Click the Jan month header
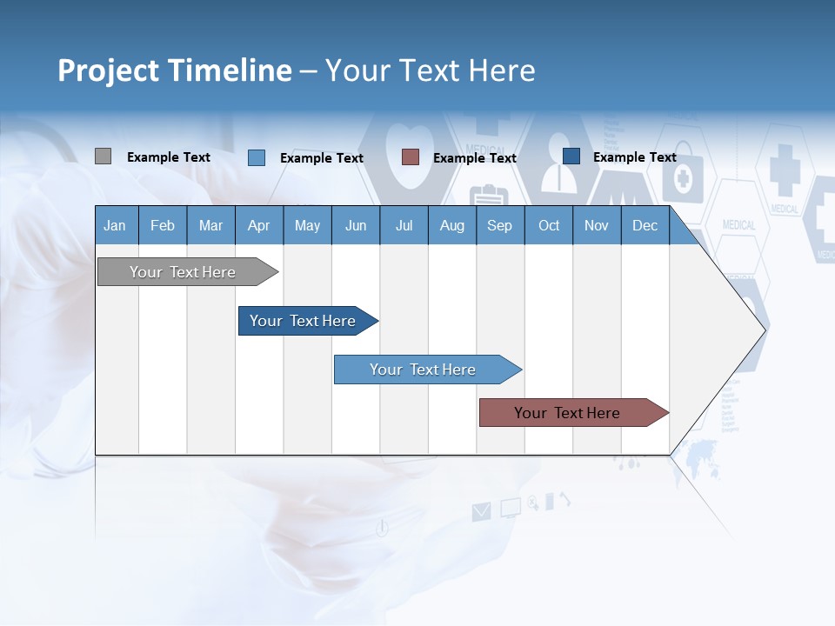pos(115,226)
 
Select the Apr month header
pos(258,226)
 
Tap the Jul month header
pos(404,226)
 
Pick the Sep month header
pos(499,226)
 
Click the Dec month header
pos(645,226)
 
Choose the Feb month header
pos(163,226)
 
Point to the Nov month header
pos(596,226)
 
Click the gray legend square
pos(103,156)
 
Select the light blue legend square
pos(256,157)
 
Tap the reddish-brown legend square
pos(411,156)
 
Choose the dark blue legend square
pos(571,156)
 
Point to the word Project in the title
pos(108,70)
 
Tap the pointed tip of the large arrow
pos(765,330)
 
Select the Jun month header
pos(355,226)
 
